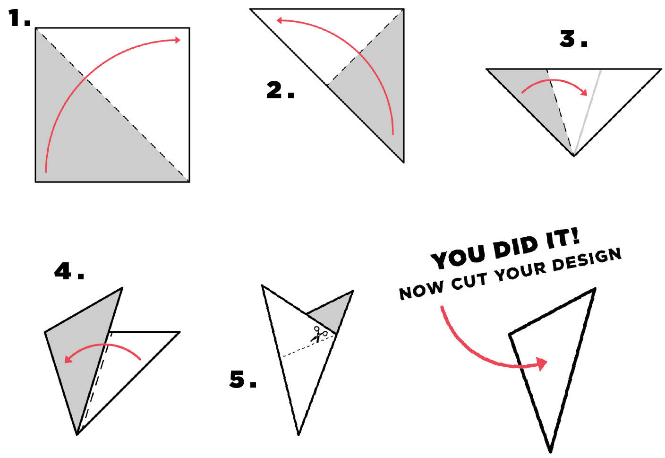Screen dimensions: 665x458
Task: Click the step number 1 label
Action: (19, 18)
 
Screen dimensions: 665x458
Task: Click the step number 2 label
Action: (280, 90)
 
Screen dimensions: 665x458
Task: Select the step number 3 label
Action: (573, 39)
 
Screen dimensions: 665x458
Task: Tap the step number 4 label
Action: (69, 271)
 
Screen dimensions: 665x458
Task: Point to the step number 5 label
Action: (243, 379)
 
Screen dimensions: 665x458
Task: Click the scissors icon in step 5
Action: (319, 334)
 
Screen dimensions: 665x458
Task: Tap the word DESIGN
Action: (587, 259)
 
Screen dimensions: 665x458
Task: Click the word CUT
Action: (469, 281)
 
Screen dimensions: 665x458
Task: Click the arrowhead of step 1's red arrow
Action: (178, 40)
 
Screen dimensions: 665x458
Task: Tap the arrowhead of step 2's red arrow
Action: (279, 20)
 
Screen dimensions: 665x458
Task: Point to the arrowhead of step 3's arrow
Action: (584, 93)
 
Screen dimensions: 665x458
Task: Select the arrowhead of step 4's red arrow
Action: (68, 359)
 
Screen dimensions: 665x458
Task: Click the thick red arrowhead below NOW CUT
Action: (542, 363)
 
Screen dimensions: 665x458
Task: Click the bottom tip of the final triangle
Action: (550, 452)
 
